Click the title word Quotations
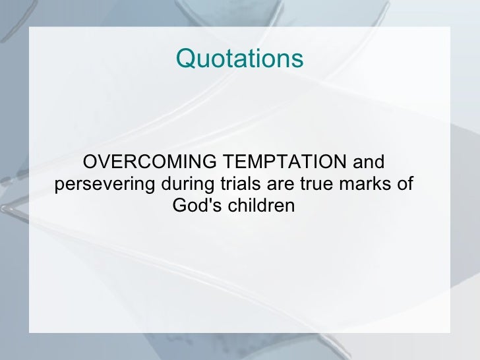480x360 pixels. tap(239, 59)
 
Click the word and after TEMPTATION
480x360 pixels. tap(369, 162)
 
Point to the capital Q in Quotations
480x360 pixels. tap(185, 59)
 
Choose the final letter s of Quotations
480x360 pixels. tap(298, 60)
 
